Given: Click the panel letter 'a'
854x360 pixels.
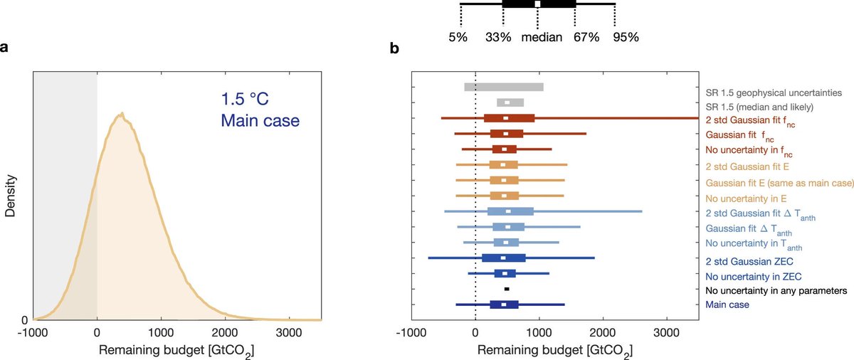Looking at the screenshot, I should (x=6, y=48).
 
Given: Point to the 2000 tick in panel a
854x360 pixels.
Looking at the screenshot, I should (x=224, y=332).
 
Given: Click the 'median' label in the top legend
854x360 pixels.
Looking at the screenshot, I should (x=542, y=37).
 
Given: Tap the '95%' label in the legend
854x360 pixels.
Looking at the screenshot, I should (x=626, y=37).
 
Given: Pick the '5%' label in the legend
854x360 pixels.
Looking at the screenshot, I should (x=458, y=37).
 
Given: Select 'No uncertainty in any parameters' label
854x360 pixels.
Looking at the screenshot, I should (x=776, y=290).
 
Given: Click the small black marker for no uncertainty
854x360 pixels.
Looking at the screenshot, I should (x=507, y=289).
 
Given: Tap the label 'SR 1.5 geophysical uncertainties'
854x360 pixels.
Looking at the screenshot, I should (x=773, y=92).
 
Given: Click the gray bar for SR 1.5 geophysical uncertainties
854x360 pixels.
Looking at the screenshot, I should (x=504, y=88).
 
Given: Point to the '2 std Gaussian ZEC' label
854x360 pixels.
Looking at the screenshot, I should (x=749, y=260).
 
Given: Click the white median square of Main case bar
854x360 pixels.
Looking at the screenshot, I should (x=504, y=305).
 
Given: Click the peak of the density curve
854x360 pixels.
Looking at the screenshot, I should (x=122, y=113).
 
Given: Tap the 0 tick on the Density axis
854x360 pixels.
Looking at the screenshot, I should (x=24, y=320).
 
